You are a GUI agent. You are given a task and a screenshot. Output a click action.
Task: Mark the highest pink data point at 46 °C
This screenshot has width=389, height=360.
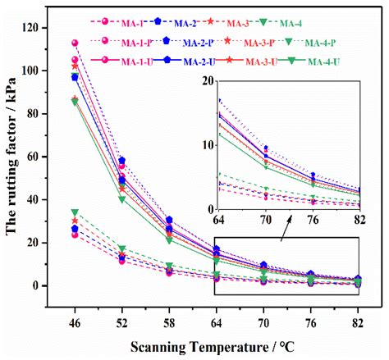click(75, 43)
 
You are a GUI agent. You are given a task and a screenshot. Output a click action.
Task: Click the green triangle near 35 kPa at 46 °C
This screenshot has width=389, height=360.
click(75, 212)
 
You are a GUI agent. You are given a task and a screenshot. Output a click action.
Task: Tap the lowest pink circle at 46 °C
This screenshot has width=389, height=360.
click(75, 235)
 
